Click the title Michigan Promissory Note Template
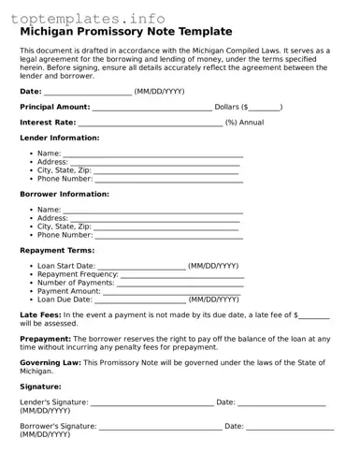(126, 31)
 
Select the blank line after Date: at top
(88, 92)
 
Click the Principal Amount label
(55, 107)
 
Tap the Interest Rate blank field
(151, 123)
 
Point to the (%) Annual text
(244, 123)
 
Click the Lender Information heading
(60, 138)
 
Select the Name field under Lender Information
(152, 153)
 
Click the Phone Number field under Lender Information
(162, 179)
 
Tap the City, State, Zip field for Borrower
(166, 226)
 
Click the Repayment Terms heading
(56, 251)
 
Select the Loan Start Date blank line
(141, 266)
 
